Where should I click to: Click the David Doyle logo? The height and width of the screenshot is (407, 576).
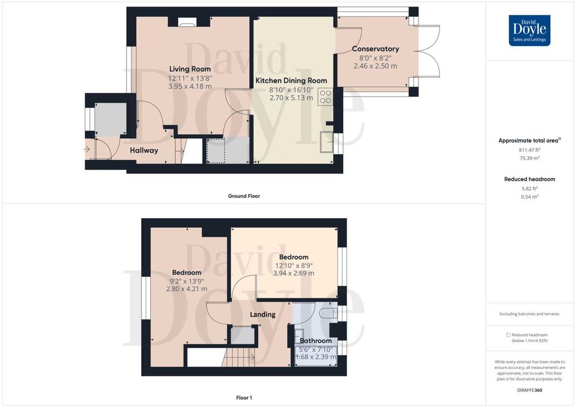point(529,30)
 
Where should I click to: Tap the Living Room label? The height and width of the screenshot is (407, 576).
point(190,69)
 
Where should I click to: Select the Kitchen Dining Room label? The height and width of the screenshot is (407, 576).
point(291,81)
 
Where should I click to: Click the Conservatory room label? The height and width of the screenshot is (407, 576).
point(375,49)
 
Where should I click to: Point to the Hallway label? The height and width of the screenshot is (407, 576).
point(144,151)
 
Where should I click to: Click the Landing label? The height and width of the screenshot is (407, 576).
point(263,314)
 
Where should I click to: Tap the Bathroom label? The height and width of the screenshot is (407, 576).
point(316,341)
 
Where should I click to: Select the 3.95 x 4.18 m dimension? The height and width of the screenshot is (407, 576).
point(190,87)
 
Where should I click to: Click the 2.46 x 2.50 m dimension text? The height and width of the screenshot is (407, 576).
point(375,66)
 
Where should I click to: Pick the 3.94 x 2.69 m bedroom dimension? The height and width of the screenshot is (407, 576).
point(294,273)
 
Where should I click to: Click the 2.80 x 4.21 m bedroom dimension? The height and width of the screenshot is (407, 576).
point(187,289)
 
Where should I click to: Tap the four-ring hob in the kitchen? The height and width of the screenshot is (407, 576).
point(326,97)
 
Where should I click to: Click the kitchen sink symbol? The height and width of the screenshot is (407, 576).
point(327,141)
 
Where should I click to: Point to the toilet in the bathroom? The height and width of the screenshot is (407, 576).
point(328,314)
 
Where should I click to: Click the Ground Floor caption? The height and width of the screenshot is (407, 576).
point(244,196)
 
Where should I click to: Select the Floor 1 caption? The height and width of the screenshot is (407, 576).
point(244,398)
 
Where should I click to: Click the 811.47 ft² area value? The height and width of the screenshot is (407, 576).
point(530,150)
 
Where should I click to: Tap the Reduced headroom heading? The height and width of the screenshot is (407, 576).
point(530,179)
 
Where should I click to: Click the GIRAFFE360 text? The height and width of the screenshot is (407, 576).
point(529,391)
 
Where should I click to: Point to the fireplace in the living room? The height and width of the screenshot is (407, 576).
point(189,22)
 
